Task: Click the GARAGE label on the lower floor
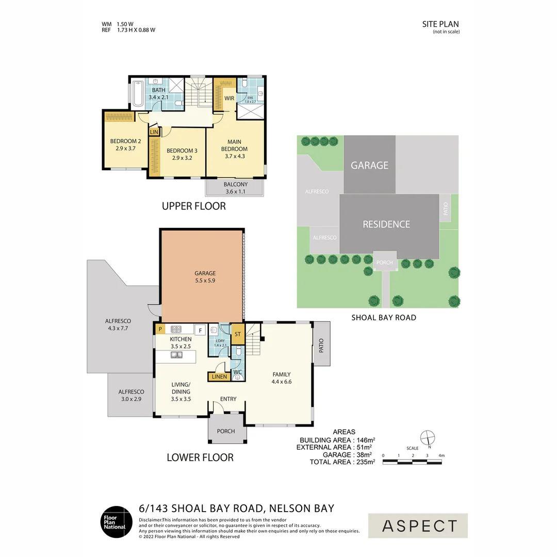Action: point(205,273)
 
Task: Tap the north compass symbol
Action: point(427,438)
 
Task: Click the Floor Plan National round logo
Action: point(116,521)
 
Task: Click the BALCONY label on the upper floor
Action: point(236,185)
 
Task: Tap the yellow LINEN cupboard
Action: point(219,377)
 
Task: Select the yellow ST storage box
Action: point(237,334)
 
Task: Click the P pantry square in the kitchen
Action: point(160,329)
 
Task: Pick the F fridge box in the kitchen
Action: point(200,330)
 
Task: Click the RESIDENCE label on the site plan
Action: point(386,224)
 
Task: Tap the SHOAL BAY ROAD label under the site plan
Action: point(384,318)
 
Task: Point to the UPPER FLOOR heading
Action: point(194,206)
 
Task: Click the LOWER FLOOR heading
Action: point(200,457)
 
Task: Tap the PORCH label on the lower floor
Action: point(226,431)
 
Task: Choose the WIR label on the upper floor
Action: point(230,97)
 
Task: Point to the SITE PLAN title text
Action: point(440,24)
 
